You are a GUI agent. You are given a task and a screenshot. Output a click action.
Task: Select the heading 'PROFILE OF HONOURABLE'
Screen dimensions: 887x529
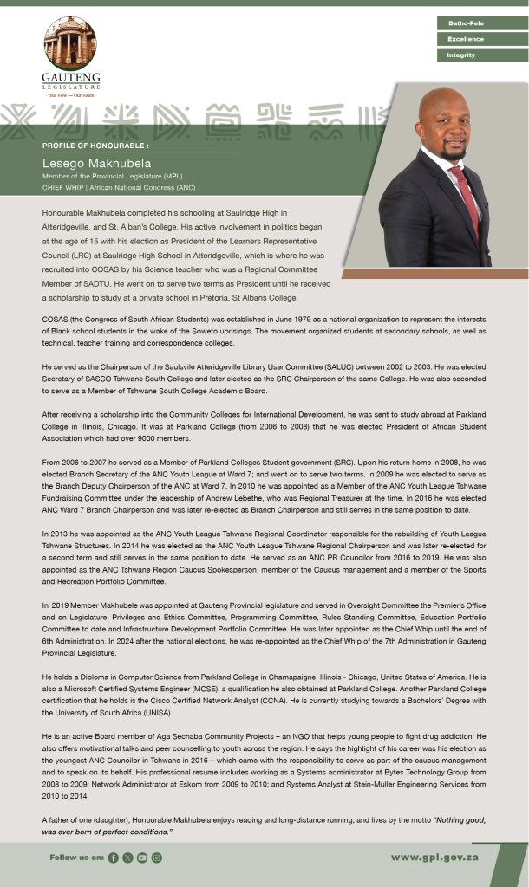[95, 145]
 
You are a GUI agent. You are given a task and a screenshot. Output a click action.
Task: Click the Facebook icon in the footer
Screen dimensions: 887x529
[113, 858]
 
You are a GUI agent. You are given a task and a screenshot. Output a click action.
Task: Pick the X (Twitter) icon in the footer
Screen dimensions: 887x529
[127, 858]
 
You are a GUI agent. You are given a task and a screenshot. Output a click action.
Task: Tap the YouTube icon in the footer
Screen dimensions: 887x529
[142, 858]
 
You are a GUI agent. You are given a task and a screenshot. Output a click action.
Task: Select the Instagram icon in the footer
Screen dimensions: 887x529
[157, 858]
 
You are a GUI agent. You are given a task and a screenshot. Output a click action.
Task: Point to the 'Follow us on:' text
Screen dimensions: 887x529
[77, 858]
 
